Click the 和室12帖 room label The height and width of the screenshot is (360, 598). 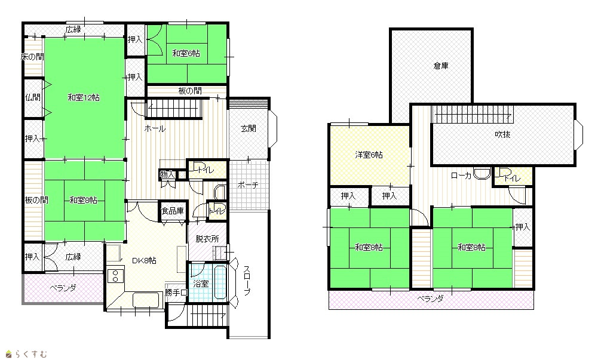tap(84, 97)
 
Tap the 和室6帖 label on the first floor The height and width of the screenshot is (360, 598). tap(186, 53)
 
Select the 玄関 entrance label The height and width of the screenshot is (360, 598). tap(249, 129)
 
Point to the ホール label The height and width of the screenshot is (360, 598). tap(155, 129)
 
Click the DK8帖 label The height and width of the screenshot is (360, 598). tap(144, 261)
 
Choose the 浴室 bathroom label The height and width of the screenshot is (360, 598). tap(201, 284)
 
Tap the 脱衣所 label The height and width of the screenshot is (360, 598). tap(207, 239)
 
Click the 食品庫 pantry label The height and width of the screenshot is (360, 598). tap(173, 211)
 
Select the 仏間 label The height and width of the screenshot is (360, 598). tap(33, 97)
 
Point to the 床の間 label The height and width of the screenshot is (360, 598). tap(32, 57)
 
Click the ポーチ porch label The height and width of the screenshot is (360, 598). tap(248, 185)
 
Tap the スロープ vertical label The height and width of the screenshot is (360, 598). tap(247, 281)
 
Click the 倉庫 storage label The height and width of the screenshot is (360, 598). tap(441, 66)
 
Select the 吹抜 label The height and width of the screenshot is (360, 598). tap(502, 134)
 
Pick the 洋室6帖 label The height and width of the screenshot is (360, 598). tap(369, 155)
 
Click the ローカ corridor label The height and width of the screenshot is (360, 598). tap(461, 176)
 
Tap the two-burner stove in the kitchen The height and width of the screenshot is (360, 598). tap(115, 276)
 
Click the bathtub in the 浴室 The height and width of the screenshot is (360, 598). tap(221, 282)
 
